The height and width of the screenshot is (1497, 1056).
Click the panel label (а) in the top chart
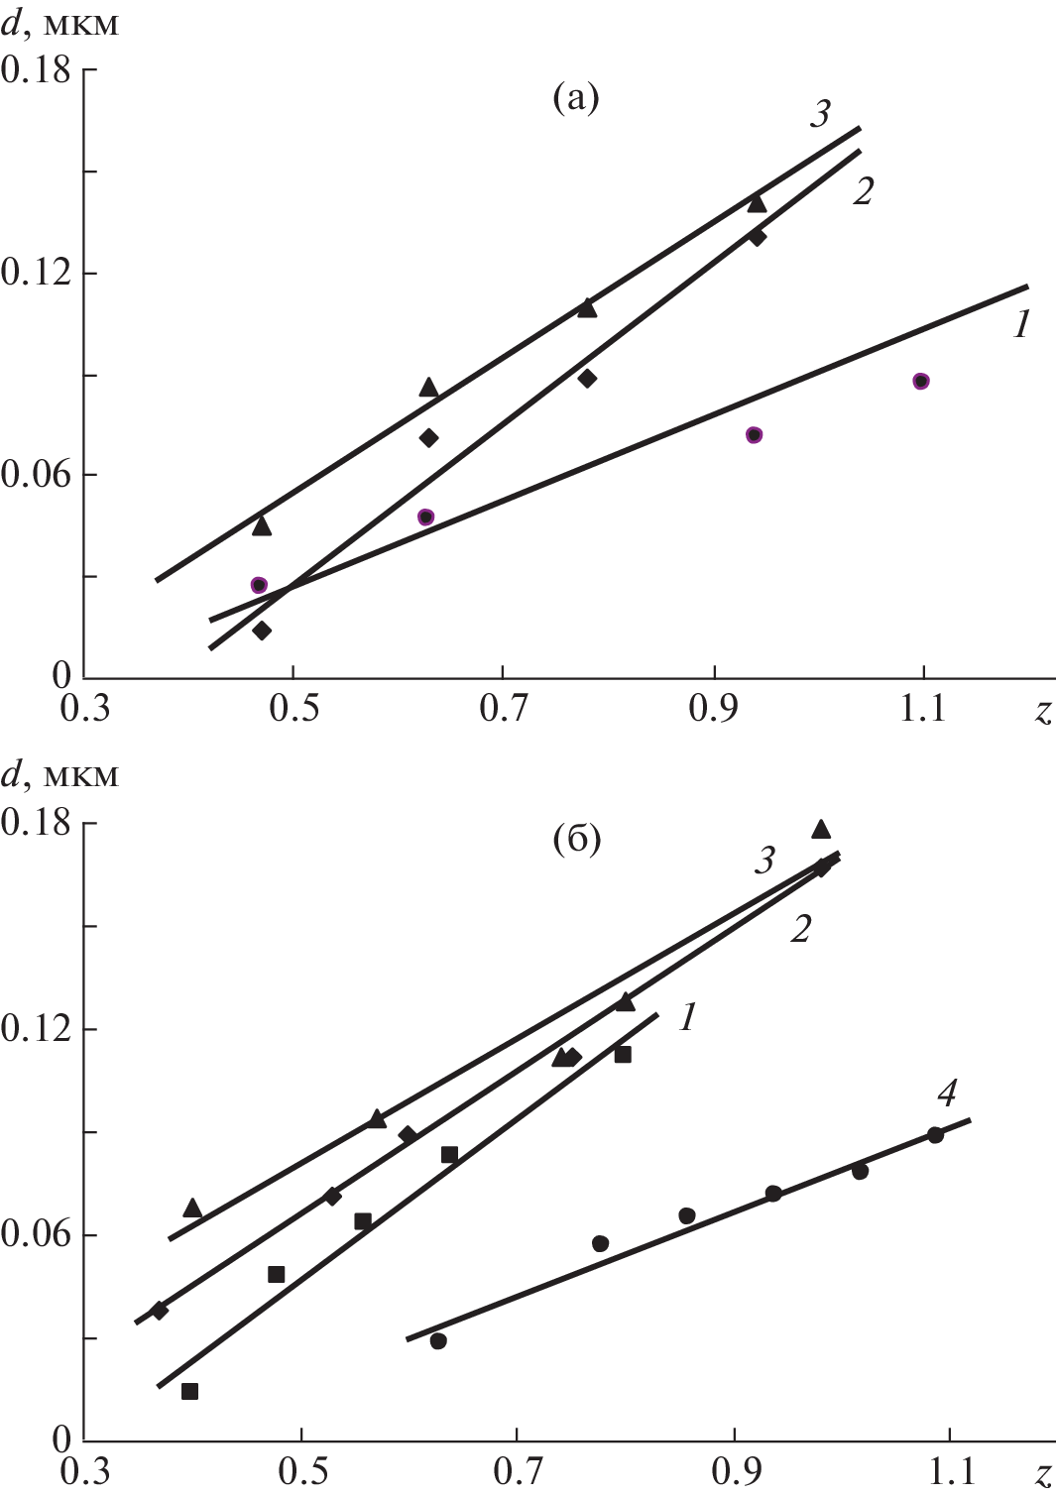(575, 98)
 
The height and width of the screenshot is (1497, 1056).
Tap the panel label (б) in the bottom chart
(576, 840)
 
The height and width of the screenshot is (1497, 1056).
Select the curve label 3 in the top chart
(819, 114)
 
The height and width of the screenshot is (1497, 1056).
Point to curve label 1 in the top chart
(1022, 323)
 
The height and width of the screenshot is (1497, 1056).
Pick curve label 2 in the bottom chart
(800, 929)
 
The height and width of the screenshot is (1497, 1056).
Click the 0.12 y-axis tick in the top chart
(37, 273)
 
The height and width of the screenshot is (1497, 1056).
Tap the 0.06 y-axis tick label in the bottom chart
(37, 1235)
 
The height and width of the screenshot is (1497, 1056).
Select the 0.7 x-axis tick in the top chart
(503, 710)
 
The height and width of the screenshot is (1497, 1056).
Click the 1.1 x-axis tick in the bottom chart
(949, 1472)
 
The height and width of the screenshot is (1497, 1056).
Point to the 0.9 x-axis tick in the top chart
(714, 710)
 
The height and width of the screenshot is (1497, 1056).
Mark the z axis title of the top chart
(1042, 712)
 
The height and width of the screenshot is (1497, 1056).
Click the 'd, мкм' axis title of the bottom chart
(59, 774)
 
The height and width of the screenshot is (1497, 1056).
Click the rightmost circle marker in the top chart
(921, 382)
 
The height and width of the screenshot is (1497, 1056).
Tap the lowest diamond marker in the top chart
(262, 631)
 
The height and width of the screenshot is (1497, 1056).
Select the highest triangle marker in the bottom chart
(821, 829)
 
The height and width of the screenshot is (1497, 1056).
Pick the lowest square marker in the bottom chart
(190, 1391)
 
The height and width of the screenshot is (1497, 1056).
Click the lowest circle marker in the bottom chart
(438, 1341)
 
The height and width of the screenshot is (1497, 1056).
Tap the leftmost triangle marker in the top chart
(262, 525)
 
